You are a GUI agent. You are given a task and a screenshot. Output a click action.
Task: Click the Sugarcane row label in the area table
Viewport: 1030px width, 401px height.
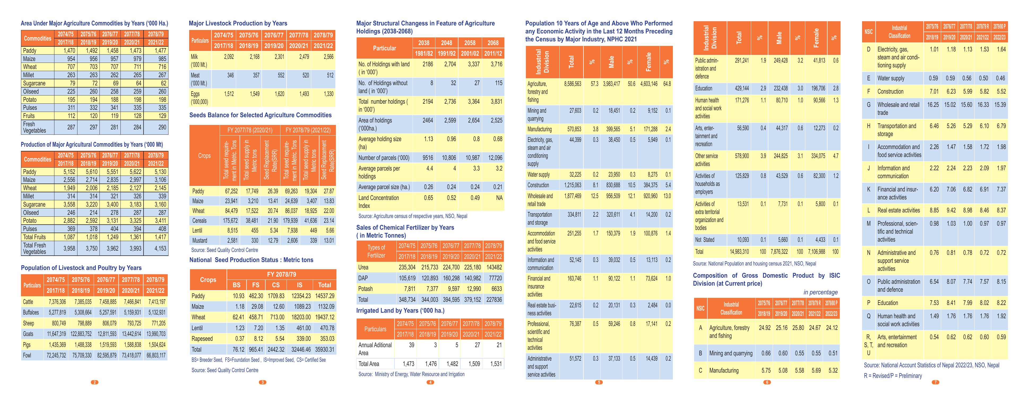pyautogui.click(x=34, y=83)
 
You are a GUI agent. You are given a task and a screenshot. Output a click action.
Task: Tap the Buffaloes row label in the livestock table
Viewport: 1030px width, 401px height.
pyautogui.click(x=31, y=312)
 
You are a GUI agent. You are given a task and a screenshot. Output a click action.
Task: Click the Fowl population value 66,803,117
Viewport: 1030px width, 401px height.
pyautogui.click(x=156, y=355)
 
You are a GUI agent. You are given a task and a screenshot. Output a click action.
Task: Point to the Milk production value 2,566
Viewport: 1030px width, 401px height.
pyautogui.click(x=328, y=57)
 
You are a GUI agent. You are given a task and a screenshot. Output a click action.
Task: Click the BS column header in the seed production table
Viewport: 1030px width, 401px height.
pyautogui.click(x=237, y=285)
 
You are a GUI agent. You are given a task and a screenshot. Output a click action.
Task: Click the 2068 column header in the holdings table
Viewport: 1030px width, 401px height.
pyautogui.click(x=493, y=43)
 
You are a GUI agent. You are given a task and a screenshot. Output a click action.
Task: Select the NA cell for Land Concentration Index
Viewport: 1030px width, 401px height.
pyautogui.click(x=499, y=198)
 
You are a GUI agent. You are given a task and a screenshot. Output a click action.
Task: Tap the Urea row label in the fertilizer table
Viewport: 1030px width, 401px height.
pyautogui.click(x=363, y=267)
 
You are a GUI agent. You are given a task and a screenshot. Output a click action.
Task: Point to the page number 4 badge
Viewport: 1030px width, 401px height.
pyautogui.click(x=430, y=382)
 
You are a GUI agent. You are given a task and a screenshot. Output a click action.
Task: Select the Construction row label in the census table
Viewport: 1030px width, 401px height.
pyautogui.click(x=538, y=185)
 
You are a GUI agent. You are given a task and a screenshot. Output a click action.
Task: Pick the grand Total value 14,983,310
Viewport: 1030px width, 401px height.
pyautogui.click(x=739, y=251)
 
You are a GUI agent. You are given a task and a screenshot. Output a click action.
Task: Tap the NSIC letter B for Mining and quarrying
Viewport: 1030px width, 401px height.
pyautogui.click(x=700, y=353)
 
